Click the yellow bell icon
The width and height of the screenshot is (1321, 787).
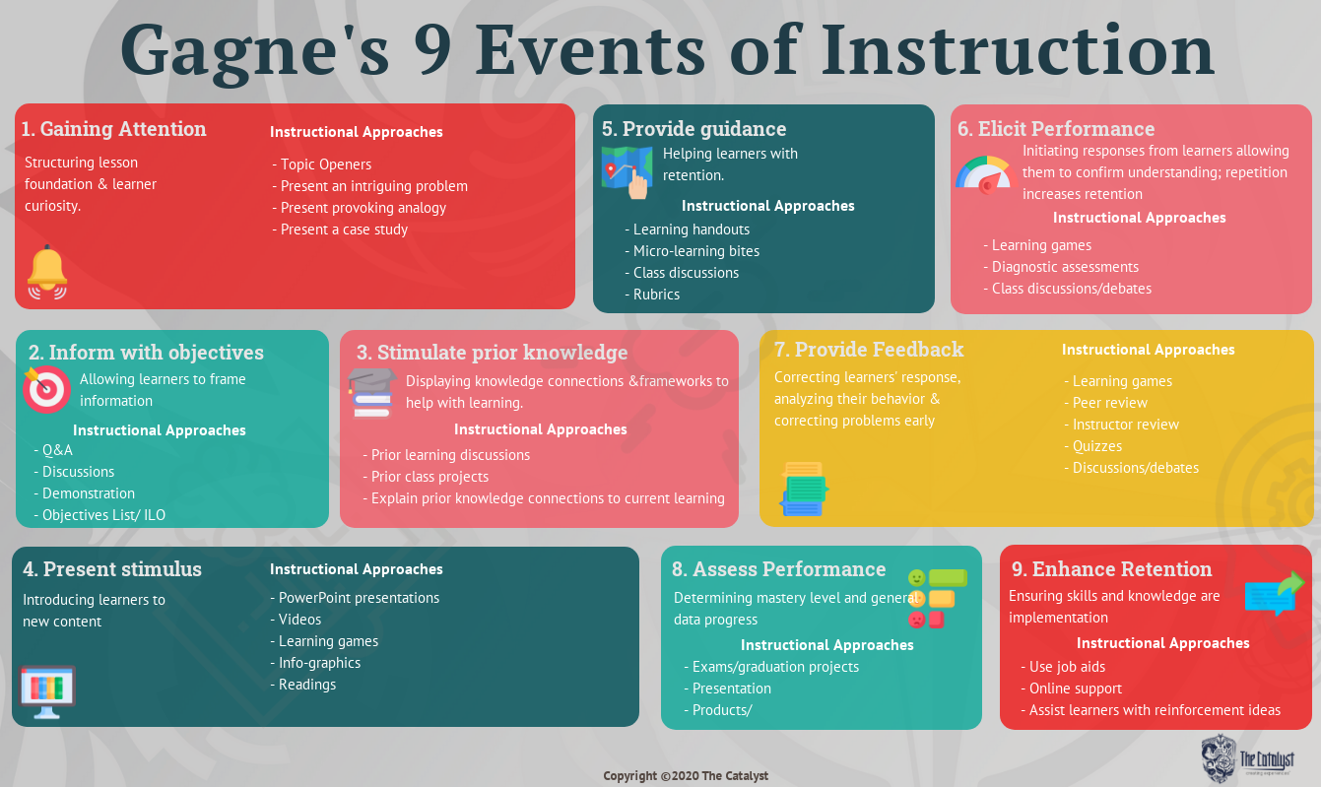tap(47, 273)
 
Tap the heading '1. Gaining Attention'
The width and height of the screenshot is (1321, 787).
tap(114, 129)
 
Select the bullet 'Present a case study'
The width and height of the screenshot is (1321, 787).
tap(340, 230)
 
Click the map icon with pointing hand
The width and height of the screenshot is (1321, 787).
tap(627, 171)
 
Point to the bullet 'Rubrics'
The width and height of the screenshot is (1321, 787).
tap(652, 295)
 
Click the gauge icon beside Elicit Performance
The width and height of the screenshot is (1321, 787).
tap(985, 175)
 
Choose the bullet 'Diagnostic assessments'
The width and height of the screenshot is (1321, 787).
tap(1061, 267)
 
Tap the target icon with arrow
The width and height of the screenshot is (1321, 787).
tap(45, 389)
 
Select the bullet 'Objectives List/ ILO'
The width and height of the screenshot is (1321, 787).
tap(99, 515)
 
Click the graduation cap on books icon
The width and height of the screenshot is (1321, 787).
tap(371, 393)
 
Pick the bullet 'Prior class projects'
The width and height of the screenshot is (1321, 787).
tap(426, 477)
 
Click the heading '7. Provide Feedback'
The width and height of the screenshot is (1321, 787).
tap(869, 350)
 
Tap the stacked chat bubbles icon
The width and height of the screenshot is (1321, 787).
tap(803, 490)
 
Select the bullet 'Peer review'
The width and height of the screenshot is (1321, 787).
tap(1105, 403)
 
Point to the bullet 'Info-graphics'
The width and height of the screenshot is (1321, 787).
tap(315, 663)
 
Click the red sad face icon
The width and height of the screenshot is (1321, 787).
tap(916, 620)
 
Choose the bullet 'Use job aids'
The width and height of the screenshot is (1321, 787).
tap(1063, 667)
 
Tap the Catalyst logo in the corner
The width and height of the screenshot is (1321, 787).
tap(1247, 758)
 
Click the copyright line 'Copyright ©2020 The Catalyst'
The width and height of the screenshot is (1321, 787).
tap(686, 776)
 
